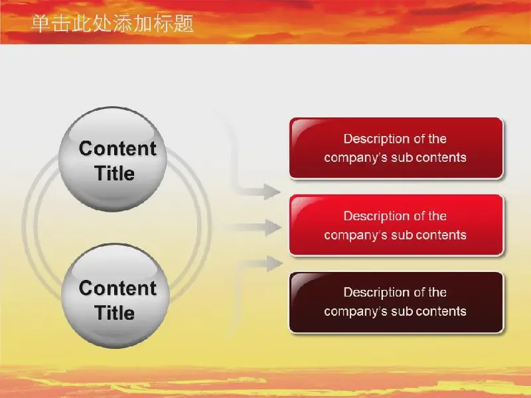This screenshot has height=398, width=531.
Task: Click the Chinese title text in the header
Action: tap(112, 24)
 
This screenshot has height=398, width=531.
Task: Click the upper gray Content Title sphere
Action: tap(113, 159)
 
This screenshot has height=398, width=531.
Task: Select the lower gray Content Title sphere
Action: tap(115, 296)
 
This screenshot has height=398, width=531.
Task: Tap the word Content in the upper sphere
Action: tap(117, 148)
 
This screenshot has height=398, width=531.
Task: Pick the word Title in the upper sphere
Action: tap(114, 173)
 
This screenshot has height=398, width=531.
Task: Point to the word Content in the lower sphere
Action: tap(117, 288)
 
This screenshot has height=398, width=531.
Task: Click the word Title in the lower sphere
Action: tap(114, 312)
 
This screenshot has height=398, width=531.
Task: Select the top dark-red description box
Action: tap(396, 148)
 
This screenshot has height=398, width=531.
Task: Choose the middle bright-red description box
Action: tap(396, 225)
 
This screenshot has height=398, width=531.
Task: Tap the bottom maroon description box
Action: tap(396, 302)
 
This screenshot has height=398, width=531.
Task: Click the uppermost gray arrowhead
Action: tap(271, 192)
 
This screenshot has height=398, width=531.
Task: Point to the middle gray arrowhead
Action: tap(273, 228)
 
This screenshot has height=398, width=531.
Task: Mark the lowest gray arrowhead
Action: tap(275, 263)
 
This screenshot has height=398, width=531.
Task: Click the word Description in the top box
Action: tap(371, 139)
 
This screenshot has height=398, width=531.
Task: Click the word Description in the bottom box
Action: tap(371, 293)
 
